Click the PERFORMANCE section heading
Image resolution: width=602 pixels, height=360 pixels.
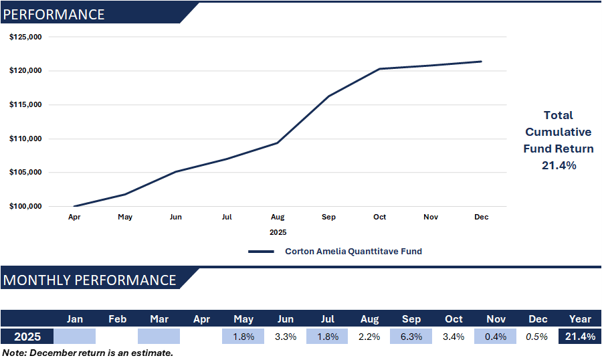click(54, 14)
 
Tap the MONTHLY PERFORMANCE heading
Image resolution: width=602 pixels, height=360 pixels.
click(90, 280)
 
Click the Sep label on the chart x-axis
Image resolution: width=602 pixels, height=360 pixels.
click(328, 217)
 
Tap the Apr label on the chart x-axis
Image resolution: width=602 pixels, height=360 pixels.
click(74, 217)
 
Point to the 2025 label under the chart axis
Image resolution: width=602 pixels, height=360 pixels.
click(278, 232)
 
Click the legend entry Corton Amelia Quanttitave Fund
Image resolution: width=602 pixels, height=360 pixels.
click(353, 252)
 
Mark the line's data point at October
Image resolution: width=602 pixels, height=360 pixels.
click(379, 69)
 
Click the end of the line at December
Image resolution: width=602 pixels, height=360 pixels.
click(481, 62)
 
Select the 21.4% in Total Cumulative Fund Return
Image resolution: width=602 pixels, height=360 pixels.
click(559, 165)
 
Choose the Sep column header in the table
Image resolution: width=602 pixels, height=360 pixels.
click(411, 319)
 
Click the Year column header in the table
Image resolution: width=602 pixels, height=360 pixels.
click(580, 319)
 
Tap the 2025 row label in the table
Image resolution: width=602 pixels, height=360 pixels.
click(27, 337)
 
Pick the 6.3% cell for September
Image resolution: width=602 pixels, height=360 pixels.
click(411, 337)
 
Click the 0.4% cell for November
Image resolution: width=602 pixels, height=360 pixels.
click(496, 337)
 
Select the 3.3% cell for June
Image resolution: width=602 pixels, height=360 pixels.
click(286, 337)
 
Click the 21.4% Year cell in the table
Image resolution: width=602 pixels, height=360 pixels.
click(580, 337)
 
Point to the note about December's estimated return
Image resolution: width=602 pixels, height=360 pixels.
click(88, 352)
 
